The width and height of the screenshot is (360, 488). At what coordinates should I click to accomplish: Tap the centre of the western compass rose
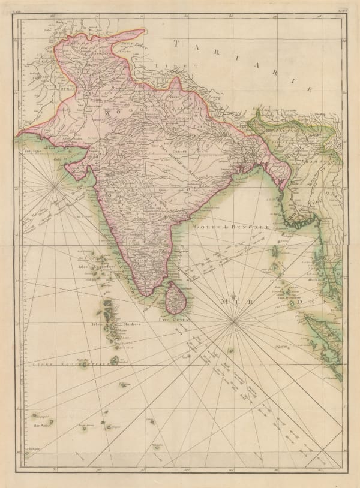[55, 188]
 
